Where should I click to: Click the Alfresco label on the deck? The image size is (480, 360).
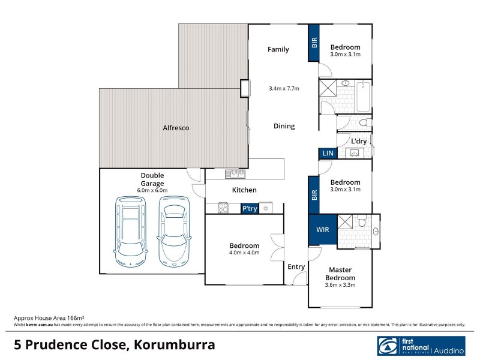(x=176, y=128)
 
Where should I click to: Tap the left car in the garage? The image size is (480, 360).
(x=130, y=231)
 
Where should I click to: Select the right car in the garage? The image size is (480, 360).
(x=174, y=231)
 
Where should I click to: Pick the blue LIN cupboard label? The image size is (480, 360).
(x=327, y=154)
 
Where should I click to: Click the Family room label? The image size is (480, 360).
(x=278, y=49)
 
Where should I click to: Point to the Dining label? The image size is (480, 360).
(x=284, y=126)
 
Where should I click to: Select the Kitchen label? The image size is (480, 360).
(x=244, y=190)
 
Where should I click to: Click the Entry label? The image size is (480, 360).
(x=296, y=267)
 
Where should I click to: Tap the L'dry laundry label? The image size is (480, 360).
(x=359, y=141)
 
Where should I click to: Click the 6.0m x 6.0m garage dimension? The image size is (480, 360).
(x=152, y=190)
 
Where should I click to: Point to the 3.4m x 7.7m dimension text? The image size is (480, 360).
(x=284, y=89)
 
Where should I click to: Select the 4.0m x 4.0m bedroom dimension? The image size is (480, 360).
(x=244, y=253)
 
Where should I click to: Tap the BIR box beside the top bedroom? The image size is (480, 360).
(x=314, y=43)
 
